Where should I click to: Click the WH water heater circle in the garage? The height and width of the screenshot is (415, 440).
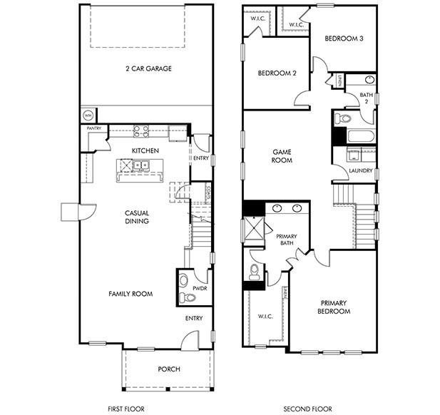tap(88, 114)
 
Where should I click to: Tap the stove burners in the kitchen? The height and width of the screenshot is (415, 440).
tap(141, 130)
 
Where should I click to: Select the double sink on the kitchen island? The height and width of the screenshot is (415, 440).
tap(138, 167)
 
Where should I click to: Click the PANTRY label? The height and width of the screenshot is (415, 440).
tap(93, 128)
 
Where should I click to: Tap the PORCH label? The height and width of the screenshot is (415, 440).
tap(168, 369)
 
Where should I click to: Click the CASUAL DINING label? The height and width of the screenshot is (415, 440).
tap(136, 217)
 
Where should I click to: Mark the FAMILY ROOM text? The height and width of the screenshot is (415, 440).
tap(131, 294)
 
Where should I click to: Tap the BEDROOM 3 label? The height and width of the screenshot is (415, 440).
tap(344, 39)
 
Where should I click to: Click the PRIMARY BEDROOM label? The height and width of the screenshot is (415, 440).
tap(334, 307)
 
